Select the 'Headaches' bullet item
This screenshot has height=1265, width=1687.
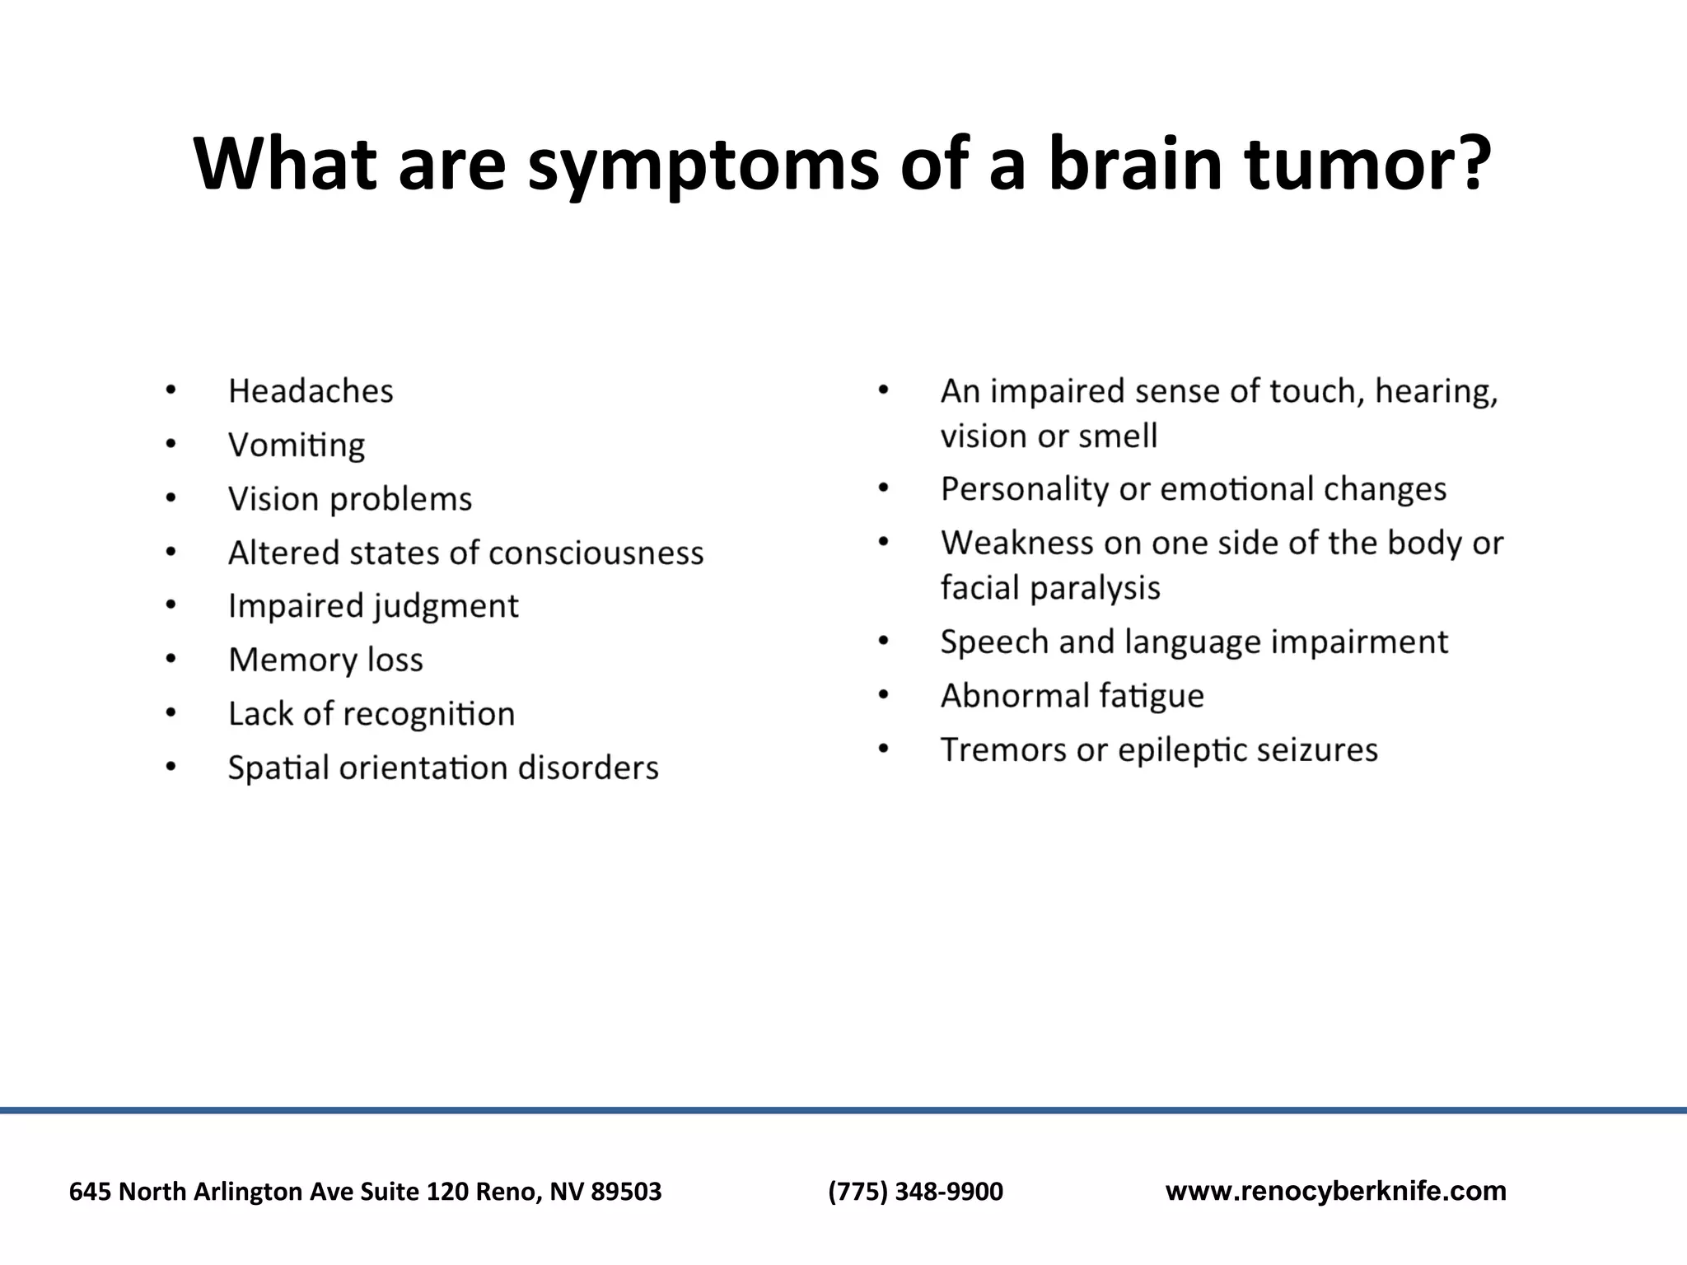[311, 391]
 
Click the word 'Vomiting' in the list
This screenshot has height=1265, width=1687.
[297, 446]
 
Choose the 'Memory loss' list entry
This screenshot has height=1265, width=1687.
[325, 660]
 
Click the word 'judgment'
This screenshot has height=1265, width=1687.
[446, 607]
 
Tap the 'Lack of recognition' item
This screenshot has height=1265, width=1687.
[371, 714]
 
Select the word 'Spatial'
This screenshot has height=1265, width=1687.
[278, 768]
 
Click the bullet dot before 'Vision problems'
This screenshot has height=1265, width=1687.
[171, 498]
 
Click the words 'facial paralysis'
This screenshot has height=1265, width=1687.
[1050, 588]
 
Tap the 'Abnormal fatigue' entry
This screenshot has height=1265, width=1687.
[1072, 696]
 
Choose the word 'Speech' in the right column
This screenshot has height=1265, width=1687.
[993, 642]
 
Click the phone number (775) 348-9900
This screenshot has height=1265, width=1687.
[915, 1191]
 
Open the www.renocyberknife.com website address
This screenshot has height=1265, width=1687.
[1335, 1191]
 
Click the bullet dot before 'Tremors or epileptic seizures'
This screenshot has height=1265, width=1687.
[883, 749]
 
